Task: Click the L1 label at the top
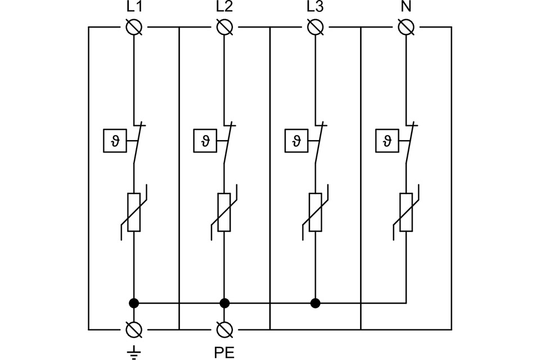pyautogui.click(x=134, y=8)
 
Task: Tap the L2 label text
pyautogui.click(x=224, y=8)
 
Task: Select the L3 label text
pyautogui.click(x=315, y=8)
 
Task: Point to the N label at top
pyautogui.click(x=406, y=8)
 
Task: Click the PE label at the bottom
pyautogui.click(x=224, y=353)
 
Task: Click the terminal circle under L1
pyautogui.click(x=134, y=27)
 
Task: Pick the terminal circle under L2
pyautogui.click(x=224, y=27)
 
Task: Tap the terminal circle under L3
pyautogui.click(x=315, y=27)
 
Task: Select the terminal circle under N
pyautogui.click(x=406, y=27)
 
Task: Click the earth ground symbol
pyautogui.click(x=134, y=353)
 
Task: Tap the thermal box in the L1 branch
pyautogui.click(x=114, y=141)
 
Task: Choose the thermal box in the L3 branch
pyautogui.click(x=295, y=141)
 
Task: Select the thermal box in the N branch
pyautogui.click(x=386, y=141)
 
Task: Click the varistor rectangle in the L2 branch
pyautogui.click(x=224, y=212)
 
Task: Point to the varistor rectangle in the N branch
pyautogui.click(x=406, y=212)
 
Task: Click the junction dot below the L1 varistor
pyautogui.click(x=134, y=303)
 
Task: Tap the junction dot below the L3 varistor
pyautogui.click(x=315, y=303)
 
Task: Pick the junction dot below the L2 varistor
pyautogui.click(x=224, y=303)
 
